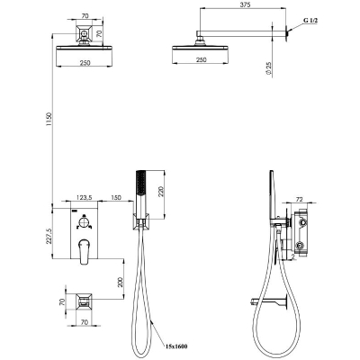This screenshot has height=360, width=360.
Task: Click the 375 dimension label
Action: pyautogui.click(x=245, y=4)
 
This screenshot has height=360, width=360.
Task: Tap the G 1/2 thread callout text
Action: pyautogui.click(x=310, y=21)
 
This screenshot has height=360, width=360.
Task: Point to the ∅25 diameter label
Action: pyautogui.click(x=268, y=68)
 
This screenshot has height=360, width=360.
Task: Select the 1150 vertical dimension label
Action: pyautogui.click(x=49, y=120)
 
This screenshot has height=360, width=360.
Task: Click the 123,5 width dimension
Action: pyautogui.click(x=85, y=197)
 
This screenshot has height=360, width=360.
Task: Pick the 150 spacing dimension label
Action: pyautogui.click(x=116, y=197)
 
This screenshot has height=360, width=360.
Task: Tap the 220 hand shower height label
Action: pyautogui.click(x=160, y=190)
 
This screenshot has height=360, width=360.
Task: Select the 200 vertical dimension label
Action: pyautogui.click(x=121, y=282)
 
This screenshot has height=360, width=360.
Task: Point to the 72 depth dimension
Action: pyautogui.click(x=300, y=199)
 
